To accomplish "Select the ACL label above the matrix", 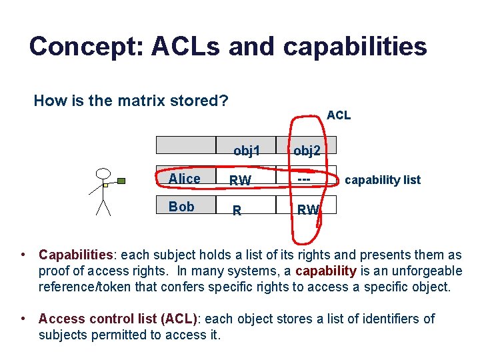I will coord(339,115).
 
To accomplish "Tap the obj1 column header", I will coord(246,151).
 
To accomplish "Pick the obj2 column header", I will coord(307,151).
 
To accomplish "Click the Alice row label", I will coord(185,179).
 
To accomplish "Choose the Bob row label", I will coord(181,207).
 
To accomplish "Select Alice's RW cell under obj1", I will coord(240,180).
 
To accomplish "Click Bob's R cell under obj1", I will coord(237,211).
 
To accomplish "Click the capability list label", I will coord(383,180).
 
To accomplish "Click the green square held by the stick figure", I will coord(121,180).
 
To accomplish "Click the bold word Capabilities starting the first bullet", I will coord(75,255).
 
